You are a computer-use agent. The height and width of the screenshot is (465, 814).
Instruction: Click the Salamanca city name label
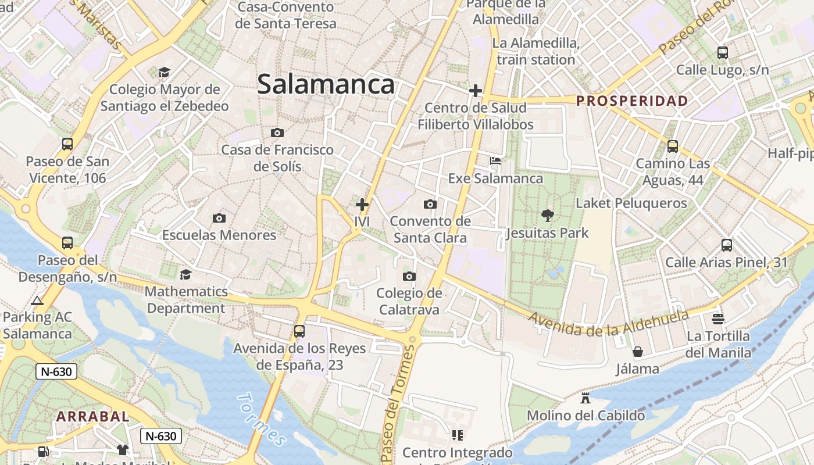[326, 84]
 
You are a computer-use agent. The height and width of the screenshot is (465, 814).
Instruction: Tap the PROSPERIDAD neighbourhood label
[632, 101]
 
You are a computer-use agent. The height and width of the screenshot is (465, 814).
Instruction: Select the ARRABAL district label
[93, 416]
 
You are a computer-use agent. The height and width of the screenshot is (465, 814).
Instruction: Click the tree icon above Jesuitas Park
[547, 216]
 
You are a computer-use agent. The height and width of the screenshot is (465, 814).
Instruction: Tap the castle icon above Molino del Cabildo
[585, 398]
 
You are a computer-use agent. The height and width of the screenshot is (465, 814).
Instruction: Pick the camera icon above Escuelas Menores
[219, 218]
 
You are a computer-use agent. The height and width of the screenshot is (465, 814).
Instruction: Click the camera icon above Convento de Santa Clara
[430, 204]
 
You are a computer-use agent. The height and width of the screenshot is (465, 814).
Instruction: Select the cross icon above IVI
[362, 205]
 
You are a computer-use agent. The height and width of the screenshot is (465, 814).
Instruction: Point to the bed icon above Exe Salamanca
[495, 161]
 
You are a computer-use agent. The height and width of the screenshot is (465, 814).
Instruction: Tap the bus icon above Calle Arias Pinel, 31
[727, 245]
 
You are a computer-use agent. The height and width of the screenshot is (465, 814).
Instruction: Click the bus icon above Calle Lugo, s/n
[723, 53]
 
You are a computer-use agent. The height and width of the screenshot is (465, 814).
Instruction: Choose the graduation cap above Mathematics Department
[186, 274]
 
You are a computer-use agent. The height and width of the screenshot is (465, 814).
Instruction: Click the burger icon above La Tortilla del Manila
[718, 319]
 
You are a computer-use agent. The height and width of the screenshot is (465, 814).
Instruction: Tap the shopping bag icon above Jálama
[638, 352]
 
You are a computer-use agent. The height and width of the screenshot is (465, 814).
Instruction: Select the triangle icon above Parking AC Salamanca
[37, 301]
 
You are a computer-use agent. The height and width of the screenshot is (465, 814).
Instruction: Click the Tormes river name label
[262, 419]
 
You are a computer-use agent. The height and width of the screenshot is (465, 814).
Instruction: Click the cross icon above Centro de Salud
[476, 91]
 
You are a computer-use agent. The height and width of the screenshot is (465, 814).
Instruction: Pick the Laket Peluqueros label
[631, 203]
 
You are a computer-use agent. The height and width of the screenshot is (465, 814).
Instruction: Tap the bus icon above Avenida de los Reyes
[299, 331]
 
